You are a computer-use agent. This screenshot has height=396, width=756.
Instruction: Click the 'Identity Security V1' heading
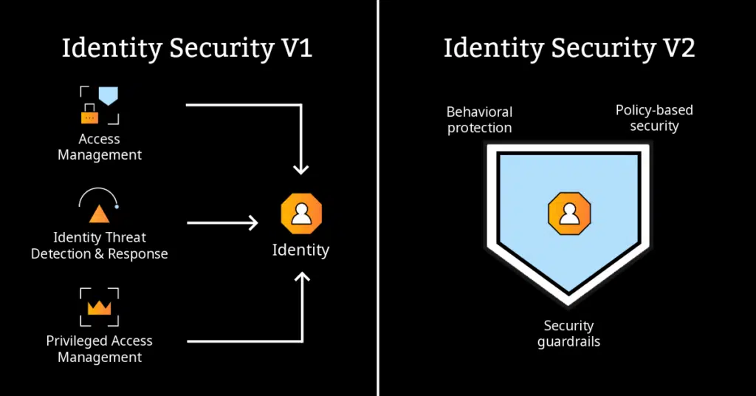[x=187, y=49]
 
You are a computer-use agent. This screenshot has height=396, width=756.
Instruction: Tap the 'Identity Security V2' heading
[x=569, y=49]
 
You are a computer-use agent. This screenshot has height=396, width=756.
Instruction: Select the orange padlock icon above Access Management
[x=89, y=115]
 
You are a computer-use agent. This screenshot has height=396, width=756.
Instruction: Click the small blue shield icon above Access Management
[x=109, y=95]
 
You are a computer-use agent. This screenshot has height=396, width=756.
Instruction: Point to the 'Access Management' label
[x=100, y=147]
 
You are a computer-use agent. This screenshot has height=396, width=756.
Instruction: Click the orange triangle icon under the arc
[x=99, y=214]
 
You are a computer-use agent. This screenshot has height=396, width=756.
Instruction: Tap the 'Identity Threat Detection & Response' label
[x=100, y=245]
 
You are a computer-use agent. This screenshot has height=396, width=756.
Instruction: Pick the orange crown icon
[x=99, y=307]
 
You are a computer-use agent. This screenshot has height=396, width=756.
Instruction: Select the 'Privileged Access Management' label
[x=100, y=349]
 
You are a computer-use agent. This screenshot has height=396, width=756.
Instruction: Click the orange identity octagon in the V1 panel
[x=300, y=214]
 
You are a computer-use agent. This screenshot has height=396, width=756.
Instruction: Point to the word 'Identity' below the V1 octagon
[x=300, y=250]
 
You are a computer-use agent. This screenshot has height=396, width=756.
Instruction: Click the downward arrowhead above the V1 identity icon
[x=300, y=169]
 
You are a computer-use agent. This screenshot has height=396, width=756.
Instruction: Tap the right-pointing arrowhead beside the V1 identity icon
[x=252, y=222]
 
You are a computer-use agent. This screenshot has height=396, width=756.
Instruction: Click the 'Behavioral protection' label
[x=479, y=120]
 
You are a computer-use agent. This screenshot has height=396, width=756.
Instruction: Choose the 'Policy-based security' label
[x=654, y=118]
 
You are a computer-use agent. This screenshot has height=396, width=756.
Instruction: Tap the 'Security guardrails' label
[x=568, y=333]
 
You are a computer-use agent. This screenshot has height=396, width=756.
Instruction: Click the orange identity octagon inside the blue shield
[x=568, y=214]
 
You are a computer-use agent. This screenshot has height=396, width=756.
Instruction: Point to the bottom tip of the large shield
[x=568, y=301]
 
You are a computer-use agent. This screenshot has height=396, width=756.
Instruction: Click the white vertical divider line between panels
[x=378, y=198]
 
